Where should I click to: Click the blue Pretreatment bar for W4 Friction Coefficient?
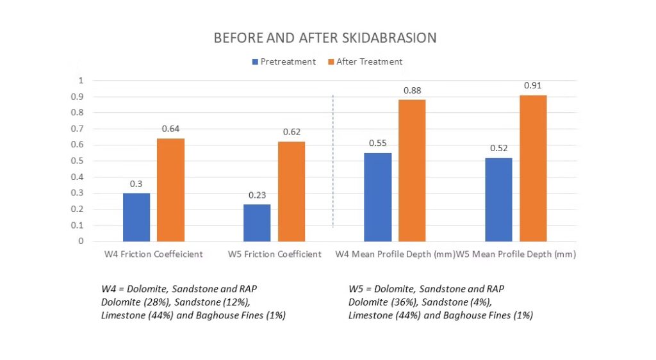(x=136, y=217)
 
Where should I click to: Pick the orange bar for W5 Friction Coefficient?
(x=291, y=192)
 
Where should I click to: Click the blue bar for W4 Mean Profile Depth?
(x=378, y=197)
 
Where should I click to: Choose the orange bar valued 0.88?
(x=412, y=170)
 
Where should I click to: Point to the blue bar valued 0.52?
(x=498, y=199)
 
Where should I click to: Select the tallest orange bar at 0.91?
(x=533, y=168)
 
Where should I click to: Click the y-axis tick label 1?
(x=81, y=81)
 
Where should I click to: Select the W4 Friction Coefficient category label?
(x=154, y=254)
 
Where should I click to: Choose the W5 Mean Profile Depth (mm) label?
(x=516, y=254)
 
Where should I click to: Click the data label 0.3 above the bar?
(x=136, y=184)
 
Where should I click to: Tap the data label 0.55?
(x=378, y=143)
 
